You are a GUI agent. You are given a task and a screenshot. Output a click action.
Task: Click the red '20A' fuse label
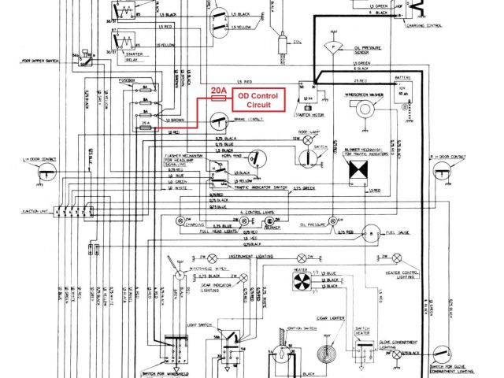218,92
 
